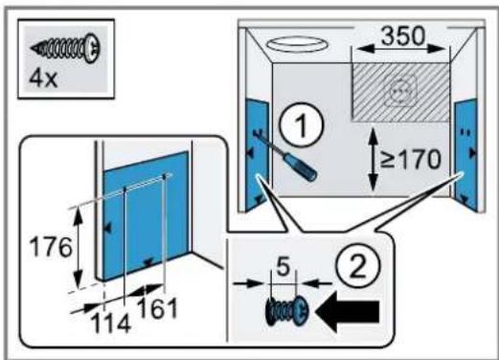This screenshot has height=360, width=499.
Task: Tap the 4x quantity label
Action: [43, 79]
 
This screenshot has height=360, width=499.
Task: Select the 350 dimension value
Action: [403, 35]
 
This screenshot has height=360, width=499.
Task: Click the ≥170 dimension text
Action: [411, 159]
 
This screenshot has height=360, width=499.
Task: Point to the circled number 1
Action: [302, 124]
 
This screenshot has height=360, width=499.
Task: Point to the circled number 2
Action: [358, 266]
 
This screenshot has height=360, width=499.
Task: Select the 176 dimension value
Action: [51, 247]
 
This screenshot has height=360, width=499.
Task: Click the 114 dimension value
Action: [111, 324]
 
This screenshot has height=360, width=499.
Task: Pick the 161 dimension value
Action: [157, 308]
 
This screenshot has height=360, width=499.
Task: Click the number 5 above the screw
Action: [284, 266]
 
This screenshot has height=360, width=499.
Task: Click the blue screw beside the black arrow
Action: [286, 310]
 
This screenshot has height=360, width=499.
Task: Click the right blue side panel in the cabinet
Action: [465, 155]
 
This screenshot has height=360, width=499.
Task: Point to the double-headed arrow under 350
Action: [400, 49]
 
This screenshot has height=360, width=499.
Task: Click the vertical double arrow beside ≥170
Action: [373, 159]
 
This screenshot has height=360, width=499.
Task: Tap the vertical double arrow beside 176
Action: [79, 247]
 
